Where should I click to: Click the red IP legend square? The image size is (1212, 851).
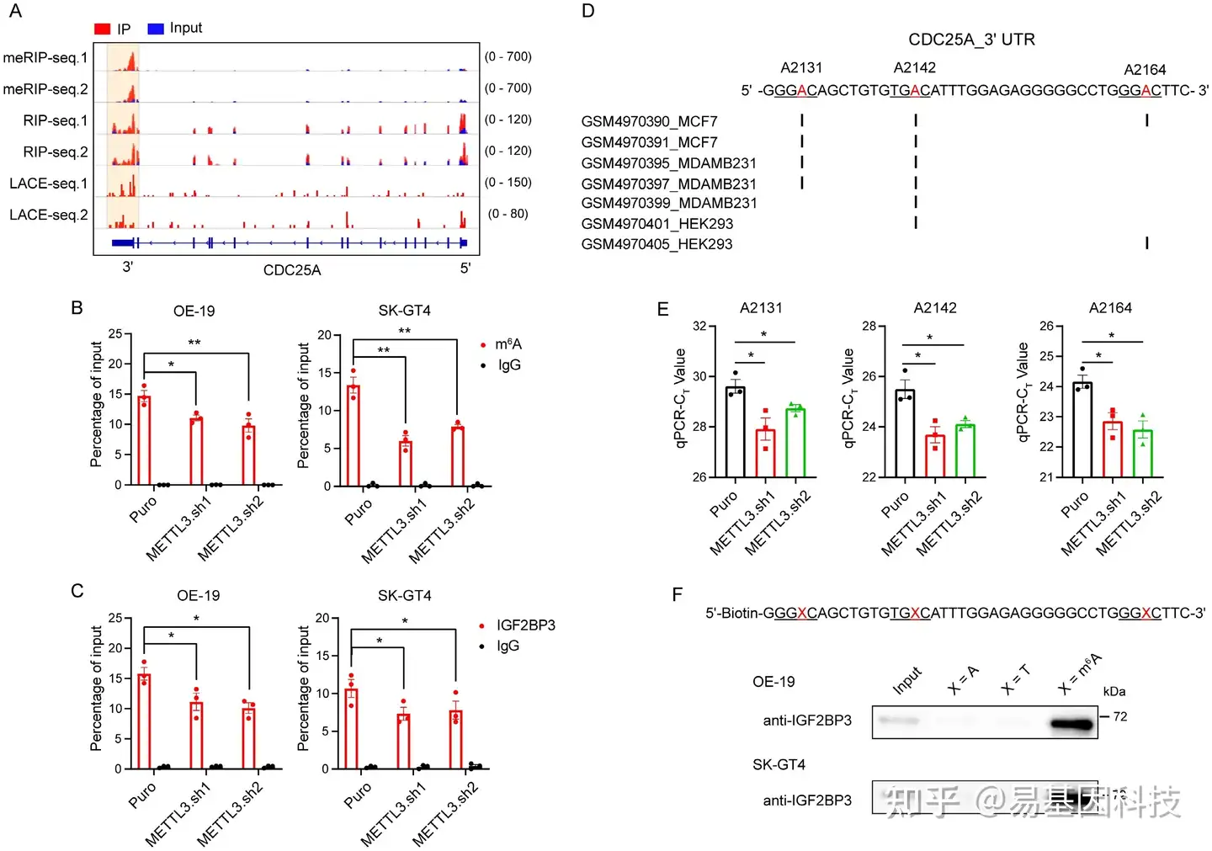pos(102,29)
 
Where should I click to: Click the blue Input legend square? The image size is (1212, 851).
pos(155,29)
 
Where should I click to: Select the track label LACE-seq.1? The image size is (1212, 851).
pos(48,183)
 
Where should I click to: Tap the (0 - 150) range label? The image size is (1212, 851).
pos(508,183)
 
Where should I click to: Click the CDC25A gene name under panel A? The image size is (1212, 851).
pos(291,270)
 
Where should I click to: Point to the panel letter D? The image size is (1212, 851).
pos(587,11)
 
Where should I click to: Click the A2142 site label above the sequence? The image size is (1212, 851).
pos(914,68)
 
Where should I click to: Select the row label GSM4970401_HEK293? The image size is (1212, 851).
pos(656,224)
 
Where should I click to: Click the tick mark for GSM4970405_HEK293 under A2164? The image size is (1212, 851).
pos(1146,243)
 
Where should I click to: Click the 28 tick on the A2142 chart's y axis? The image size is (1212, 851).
pos(869,327)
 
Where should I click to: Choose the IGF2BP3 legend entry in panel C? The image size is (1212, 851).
pos(524,625)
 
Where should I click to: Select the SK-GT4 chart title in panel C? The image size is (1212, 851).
pos(404,596)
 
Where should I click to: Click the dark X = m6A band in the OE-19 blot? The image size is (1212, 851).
pos(1071,723)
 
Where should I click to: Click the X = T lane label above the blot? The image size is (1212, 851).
pos(1015,680)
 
